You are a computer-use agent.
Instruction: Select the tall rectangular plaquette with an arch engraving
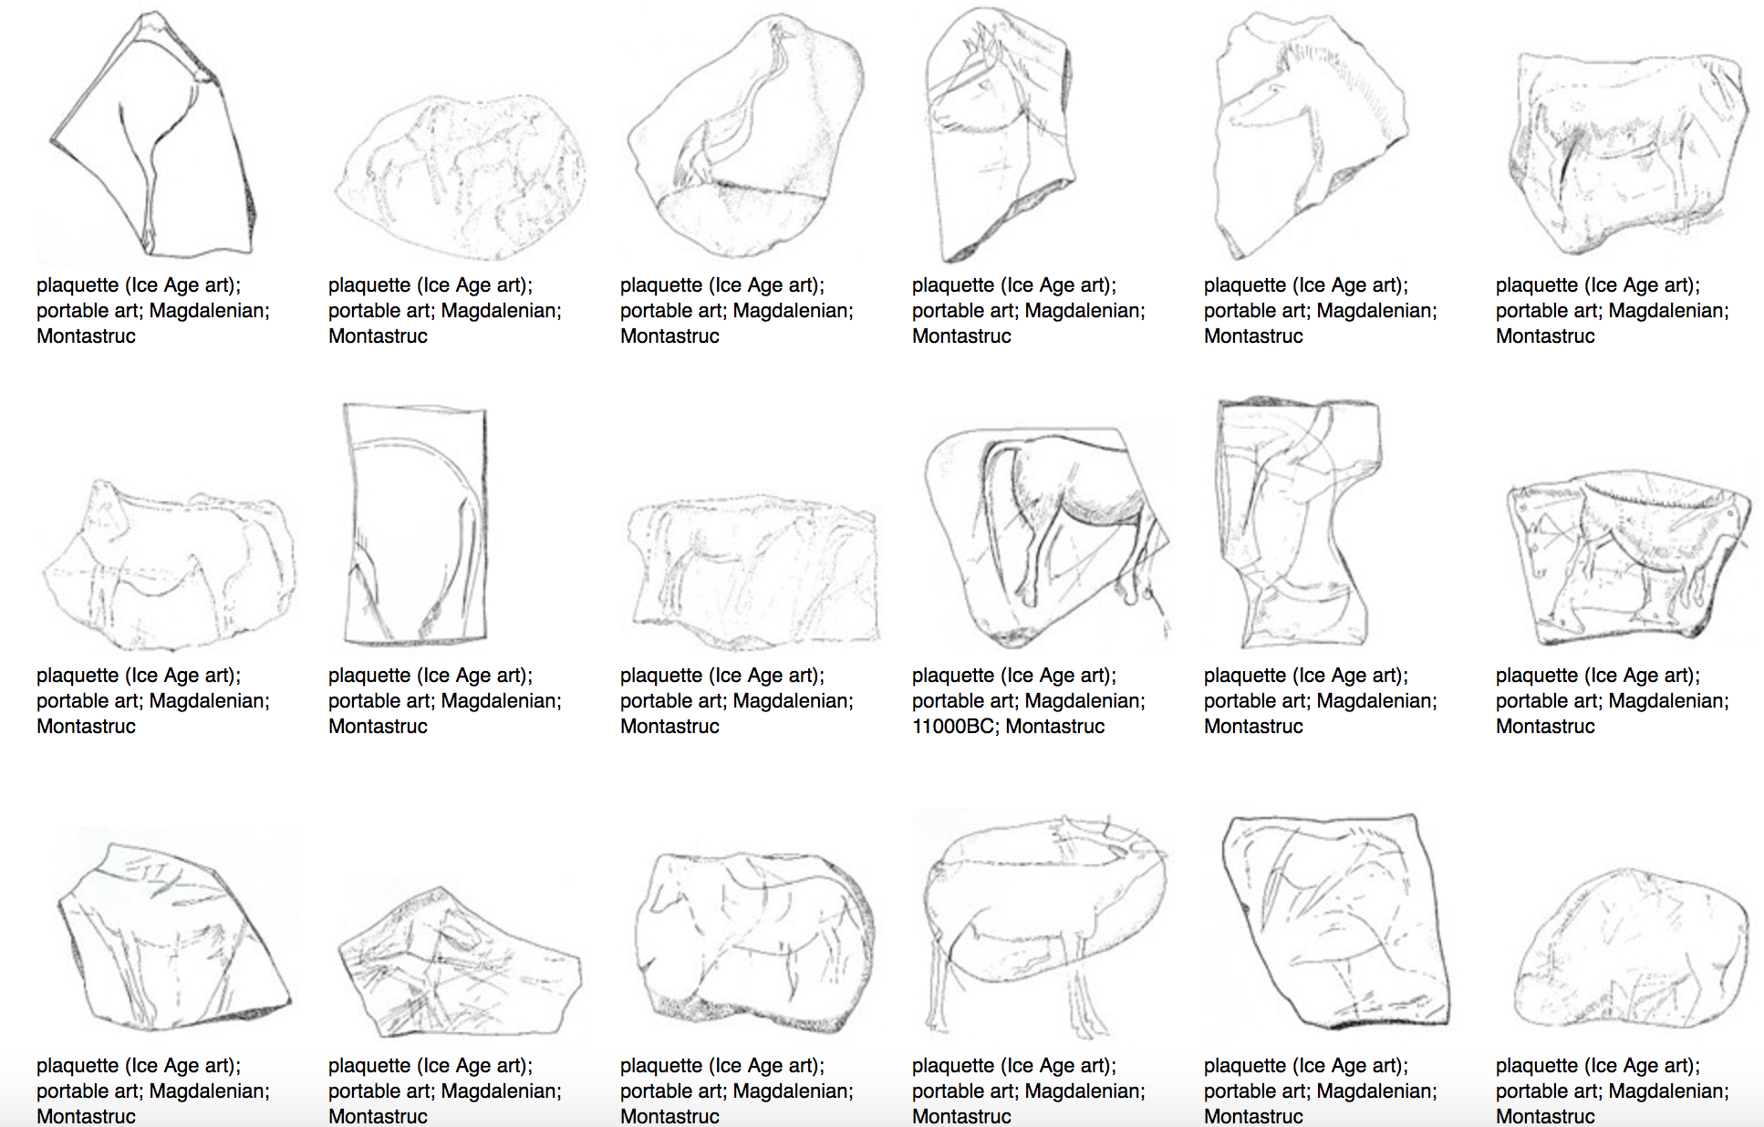click(x=415, y=523)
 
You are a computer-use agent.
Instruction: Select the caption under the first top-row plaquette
click(x=153, y=311)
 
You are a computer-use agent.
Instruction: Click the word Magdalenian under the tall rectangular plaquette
click(x=501, y=701)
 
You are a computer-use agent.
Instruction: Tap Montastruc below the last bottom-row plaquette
click(x=1545, y=1116)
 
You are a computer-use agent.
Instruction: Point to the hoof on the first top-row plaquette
click(x=149, y=243)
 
